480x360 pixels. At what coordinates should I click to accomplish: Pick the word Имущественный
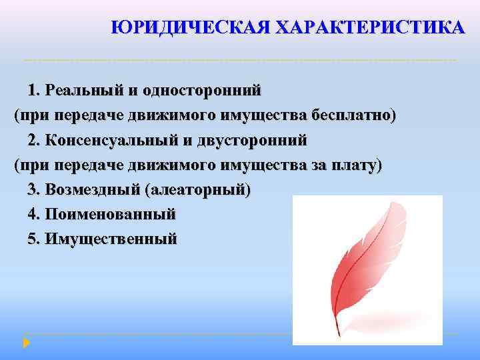point(111,239)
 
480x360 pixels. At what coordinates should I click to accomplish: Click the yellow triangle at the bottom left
point(26,343)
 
